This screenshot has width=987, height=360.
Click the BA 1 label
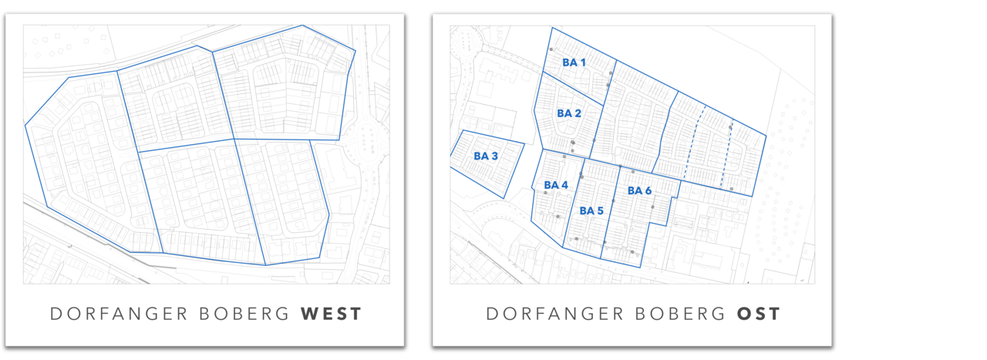coord(574,62)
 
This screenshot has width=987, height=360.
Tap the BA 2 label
coord(569,113)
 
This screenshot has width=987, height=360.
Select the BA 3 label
coord(486,156)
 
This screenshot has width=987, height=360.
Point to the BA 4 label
coord(556,186)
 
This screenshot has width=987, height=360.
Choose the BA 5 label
coord(591,210)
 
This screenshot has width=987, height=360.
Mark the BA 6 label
coord(639,190)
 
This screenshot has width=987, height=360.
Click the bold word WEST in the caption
coord(331,315)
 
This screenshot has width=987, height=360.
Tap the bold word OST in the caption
coord(759,315)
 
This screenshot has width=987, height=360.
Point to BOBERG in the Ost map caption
coord(668,315)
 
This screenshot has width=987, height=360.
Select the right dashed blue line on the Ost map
coord(727,154)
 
